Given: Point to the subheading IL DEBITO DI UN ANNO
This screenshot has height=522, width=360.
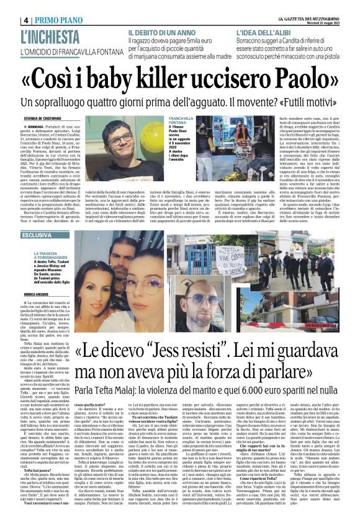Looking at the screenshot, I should click(x=163, y=32).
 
